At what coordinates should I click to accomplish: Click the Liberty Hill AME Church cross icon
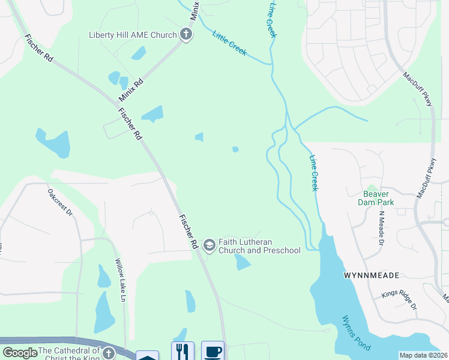(186, 34)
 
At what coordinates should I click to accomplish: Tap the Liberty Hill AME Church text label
(133, 35)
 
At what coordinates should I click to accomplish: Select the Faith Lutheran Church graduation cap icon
(209, 245)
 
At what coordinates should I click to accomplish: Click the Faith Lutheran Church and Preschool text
(259, 245)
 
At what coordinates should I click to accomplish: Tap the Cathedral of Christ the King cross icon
(109, 353)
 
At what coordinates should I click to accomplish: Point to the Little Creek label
(229, 43)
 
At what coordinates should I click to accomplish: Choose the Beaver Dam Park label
(376, 199)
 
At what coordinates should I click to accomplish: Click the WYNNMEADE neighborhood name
(372, 275)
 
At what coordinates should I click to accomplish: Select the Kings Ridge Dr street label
(399, 300)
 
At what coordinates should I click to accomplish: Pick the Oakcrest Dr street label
(60, 203)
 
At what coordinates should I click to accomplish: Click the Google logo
(20, 353)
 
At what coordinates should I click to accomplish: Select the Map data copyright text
(423, 355)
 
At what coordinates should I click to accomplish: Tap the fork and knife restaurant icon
(182, 351)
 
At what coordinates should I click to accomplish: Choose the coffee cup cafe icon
(212, 351)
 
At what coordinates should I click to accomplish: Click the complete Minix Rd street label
(131, 89)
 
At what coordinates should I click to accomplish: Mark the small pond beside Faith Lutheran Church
(242, 262)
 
